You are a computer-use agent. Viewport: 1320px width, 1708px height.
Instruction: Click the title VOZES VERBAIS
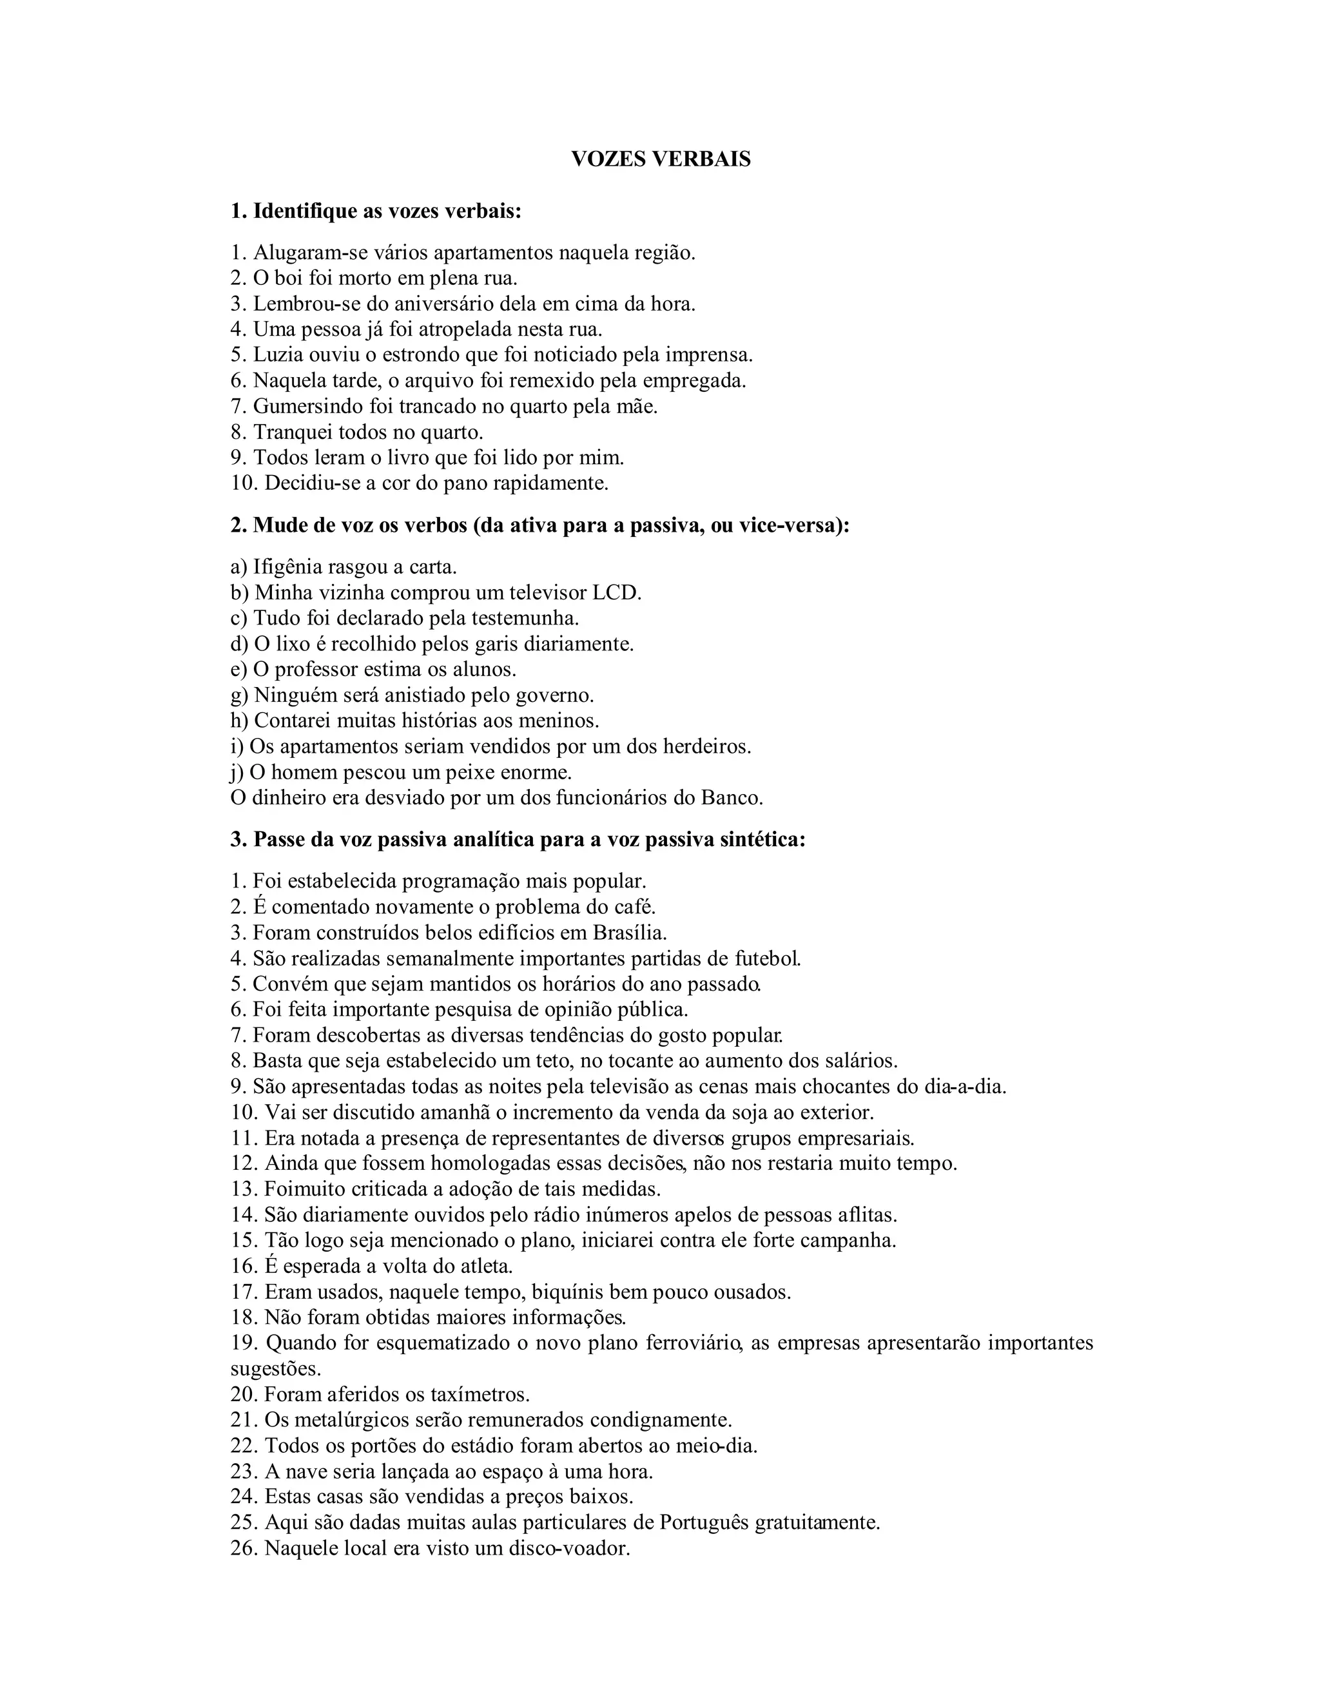pos(660,160)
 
